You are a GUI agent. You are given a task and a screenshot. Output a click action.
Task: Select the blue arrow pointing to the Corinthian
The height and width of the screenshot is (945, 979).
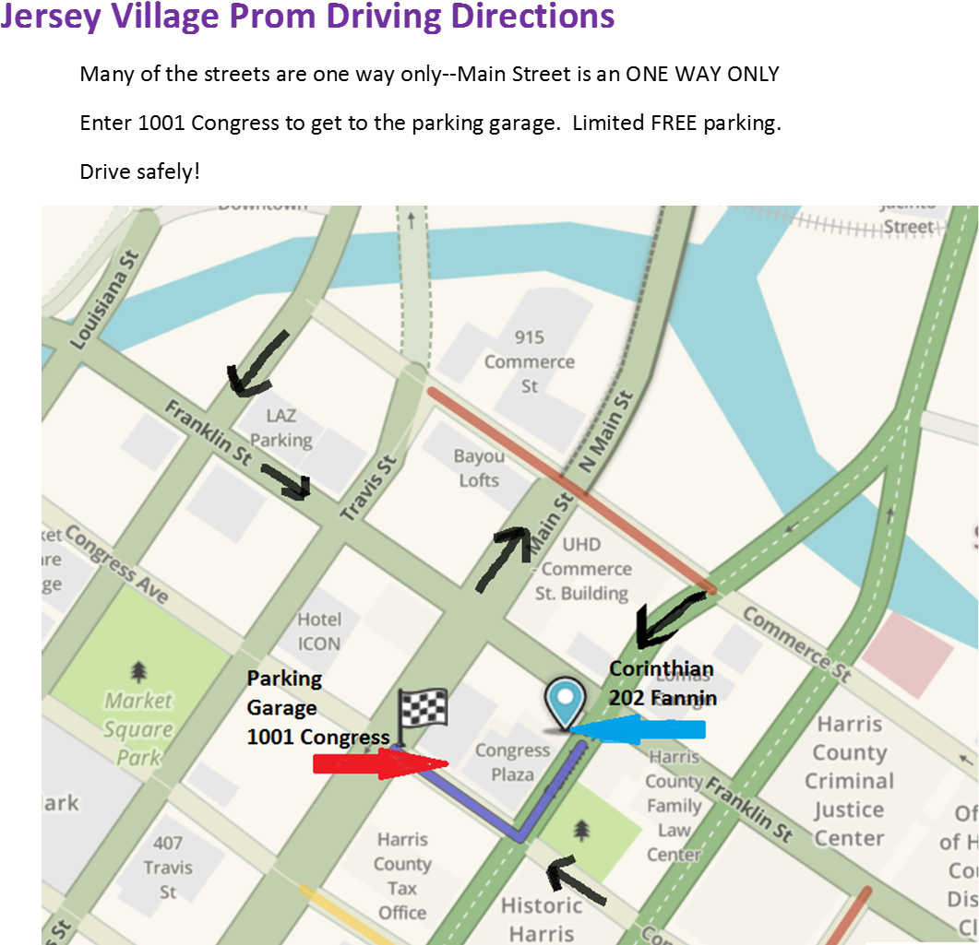638,729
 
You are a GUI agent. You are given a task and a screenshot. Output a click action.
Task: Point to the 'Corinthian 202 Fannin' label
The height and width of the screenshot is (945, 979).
662,683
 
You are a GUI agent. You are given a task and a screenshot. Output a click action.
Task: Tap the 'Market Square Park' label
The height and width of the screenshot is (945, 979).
138,728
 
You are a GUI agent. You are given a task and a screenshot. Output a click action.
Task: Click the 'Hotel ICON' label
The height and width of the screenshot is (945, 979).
319,632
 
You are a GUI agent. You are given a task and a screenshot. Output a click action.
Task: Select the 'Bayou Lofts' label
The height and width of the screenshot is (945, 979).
479,468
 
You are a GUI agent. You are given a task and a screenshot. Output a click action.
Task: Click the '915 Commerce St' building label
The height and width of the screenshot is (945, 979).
530,362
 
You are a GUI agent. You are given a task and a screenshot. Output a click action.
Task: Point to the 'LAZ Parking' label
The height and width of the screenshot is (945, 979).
281,429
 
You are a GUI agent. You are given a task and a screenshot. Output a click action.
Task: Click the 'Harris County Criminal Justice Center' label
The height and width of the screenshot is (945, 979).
849,782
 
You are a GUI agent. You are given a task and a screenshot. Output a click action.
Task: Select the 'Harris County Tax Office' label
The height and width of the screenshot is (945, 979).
402,877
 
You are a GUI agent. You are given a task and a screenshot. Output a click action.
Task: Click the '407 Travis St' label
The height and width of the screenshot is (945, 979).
168,867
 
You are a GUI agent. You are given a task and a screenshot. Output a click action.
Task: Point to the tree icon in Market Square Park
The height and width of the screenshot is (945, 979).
138,670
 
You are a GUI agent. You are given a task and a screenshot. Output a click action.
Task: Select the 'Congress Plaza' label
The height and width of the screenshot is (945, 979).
512,762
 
